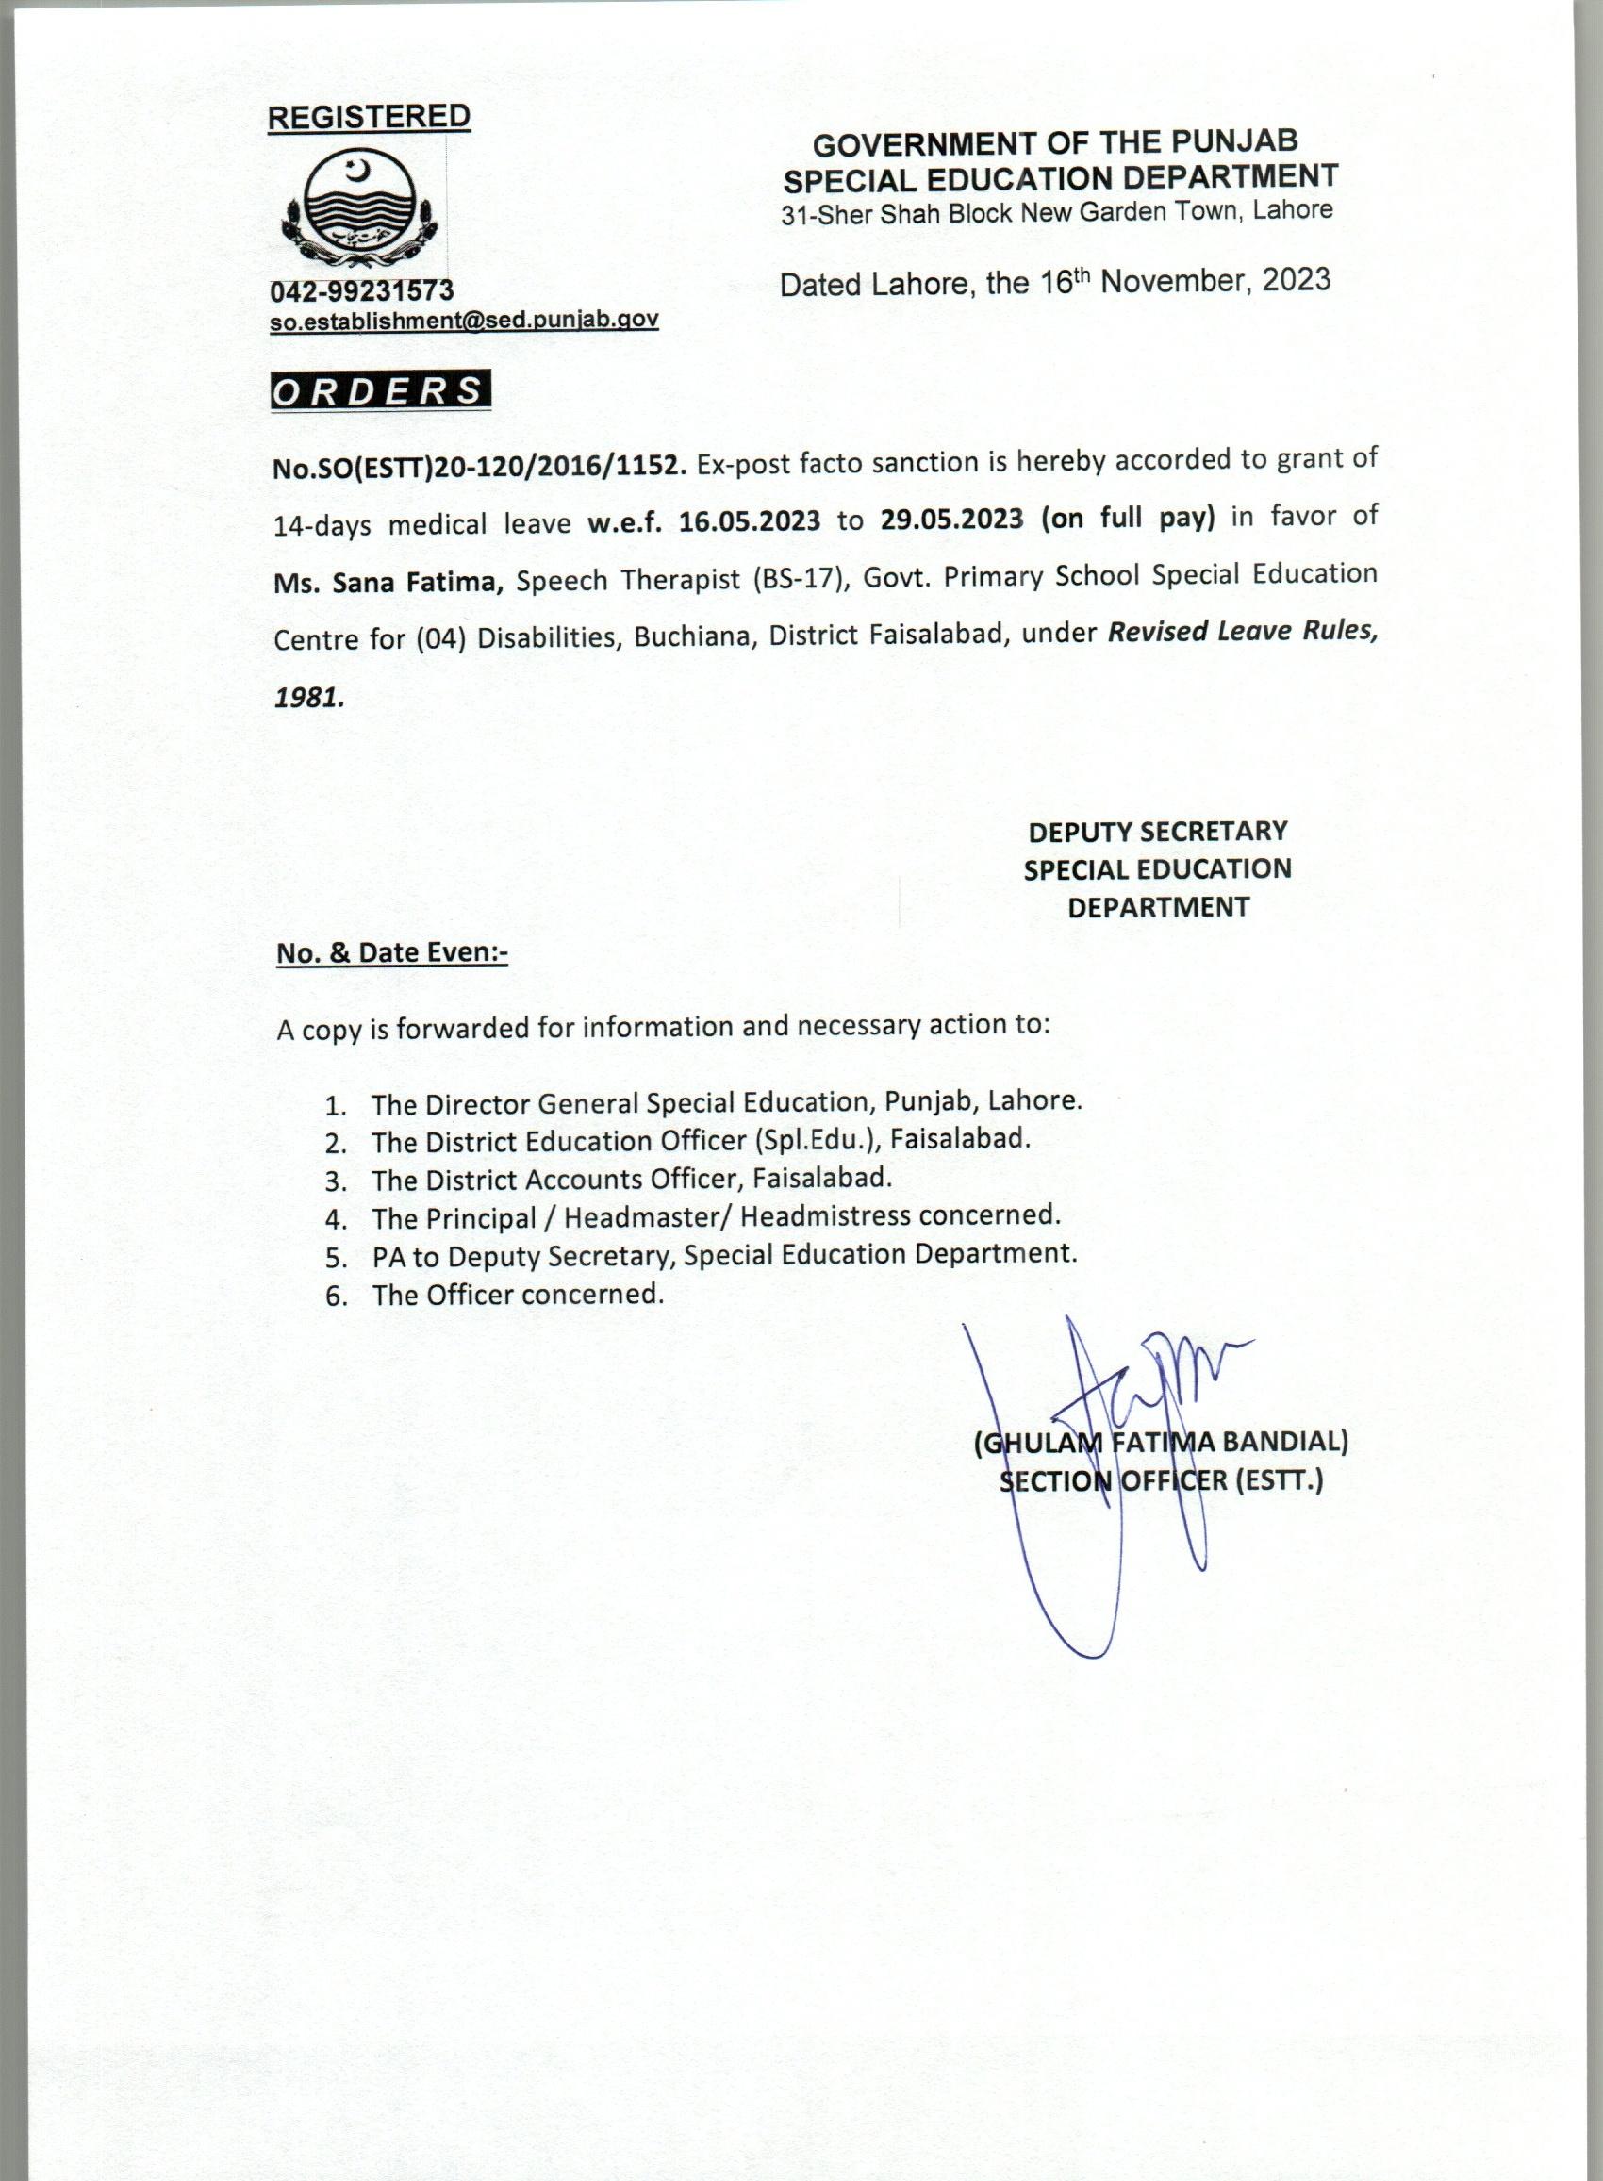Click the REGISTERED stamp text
coord(369,117)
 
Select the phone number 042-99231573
coord(362,290)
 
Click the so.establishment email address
coord(464,322)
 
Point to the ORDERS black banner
coord(381,391)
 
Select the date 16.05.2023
coord(749,521)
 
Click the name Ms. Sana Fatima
coord(388,582)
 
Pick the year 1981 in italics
coord(307,698)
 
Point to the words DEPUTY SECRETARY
coord(1158,832)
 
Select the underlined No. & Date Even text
coord(392,952)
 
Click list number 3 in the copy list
coord(336,1181)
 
